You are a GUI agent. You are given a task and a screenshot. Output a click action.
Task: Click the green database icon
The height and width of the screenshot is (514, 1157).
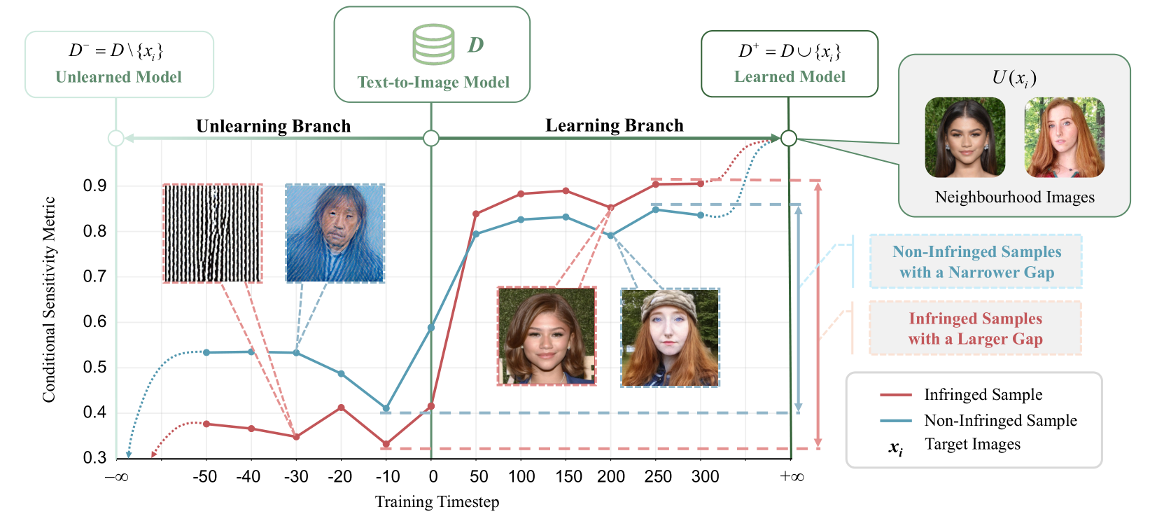(433, 45)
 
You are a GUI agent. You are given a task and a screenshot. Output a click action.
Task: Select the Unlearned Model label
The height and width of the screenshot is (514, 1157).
(118, 77)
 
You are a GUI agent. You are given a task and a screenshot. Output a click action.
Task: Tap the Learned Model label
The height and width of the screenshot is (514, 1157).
(790, 77)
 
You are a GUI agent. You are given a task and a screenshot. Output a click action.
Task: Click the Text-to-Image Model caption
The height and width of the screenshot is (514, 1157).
(433, 83)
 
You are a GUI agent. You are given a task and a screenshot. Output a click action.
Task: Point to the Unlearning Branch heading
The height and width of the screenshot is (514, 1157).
(273, 126)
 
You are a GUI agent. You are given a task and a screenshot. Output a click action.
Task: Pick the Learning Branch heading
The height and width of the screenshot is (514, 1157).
(614, 125)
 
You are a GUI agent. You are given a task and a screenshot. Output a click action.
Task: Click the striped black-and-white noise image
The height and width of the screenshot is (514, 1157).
(213, 233)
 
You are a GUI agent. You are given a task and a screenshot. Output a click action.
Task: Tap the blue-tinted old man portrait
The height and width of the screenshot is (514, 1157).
(335, 233)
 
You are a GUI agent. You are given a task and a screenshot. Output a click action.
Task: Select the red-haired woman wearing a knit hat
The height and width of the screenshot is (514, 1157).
(670, 338)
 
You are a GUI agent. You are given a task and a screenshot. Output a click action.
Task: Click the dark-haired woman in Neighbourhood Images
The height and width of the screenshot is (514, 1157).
(965, 137)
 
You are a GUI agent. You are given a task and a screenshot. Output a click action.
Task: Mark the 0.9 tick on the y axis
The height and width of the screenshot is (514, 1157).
(95, 186)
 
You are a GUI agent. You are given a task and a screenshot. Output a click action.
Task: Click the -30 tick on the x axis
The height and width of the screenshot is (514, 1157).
(296, 477)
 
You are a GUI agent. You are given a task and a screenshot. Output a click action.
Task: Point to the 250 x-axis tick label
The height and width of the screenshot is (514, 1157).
(657, 477)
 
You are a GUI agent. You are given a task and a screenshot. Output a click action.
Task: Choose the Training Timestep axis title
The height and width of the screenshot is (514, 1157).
(437, 502)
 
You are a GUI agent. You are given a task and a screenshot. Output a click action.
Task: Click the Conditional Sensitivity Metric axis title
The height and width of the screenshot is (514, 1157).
(49, 299)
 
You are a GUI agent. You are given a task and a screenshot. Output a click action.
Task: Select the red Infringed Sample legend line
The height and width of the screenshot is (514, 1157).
(895, 395)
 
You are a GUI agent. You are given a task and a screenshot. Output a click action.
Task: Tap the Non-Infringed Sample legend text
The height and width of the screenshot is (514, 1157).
(1000, 420)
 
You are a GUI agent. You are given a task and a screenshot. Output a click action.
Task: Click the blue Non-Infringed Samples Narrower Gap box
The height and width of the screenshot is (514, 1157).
(976, 262)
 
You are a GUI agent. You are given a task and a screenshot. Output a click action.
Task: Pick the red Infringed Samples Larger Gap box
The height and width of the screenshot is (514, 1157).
(975, 328)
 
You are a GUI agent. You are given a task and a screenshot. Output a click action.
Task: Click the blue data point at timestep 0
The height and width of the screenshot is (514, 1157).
(431, 328)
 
